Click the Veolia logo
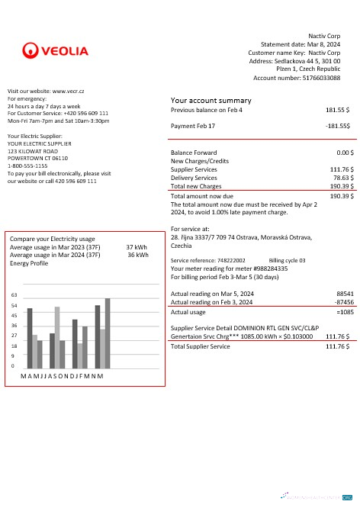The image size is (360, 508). tap(56, 51)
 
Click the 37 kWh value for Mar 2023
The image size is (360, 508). tap(137, 247)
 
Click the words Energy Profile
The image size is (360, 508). tap(29, 263)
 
